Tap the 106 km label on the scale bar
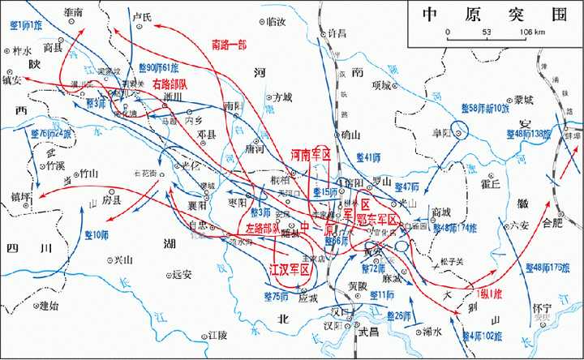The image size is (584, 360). (x=530, y=32)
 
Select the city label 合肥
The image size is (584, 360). (x=552, y=220)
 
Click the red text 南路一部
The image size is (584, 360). (x=230, y=44)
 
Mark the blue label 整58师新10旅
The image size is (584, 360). (x=485, y=107)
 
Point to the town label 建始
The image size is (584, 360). (x=49, y=306)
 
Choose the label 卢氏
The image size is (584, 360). (x=142, y=15)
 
